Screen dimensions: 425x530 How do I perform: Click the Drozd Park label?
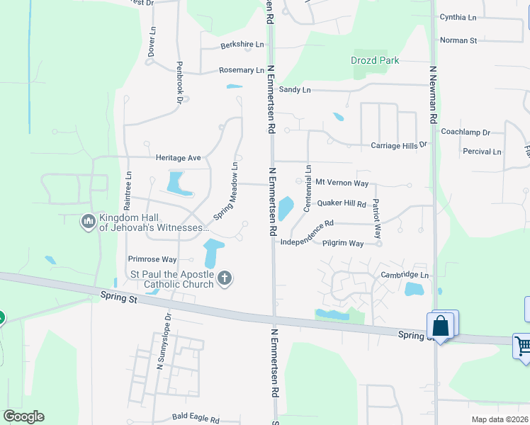375,60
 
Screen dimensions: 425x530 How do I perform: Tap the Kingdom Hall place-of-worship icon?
88,222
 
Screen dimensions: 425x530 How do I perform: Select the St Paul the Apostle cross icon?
225,277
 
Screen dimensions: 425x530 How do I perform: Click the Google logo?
23,416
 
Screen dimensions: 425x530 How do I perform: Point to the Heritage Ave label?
179,158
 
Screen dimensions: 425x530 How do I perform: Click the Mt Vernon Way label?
342,183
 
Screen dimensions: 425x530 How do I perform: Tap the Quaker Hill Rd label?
341,203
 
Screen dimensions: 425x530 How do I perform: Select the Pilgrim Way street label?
343,243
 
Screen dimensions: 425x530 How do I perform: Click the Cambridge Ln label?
405,275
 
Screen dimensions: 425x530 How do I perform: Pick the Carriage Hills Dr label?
400,144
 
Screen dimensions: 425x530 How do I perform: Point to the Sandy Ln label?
295,89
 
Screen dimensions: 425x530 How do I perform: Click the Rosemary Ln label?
241,70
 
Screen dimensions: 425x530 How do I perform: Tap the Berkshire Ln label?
242,45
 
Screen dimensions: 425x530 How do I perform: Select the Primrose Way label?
152,259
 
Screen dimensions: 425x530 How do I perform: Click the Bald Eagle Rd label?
192,417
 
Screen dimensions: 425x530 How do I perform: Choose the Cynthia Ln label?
458,16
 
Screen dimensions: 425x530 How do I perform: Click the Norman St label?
458,40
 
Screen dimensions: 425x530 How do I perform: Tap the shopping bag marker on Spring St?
441,327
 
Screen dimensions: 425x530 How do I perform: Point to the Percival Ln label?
481,152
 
